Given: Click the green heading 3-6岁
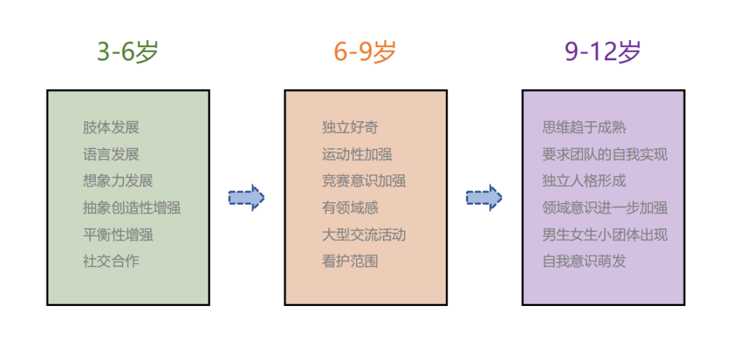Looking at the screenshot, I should (x=128, y=53).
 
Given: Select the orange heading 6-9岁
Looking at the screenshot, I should (x=365, y=53).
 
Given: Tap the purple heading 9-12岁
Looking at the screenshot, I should (x=603, y=53).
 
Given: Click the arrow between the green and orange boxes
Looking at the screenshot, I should (x=247, y=198).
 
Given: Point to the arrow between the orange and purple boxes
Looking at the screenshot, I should (x=484, y=198).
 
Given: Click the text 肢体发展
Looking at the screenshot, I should (x=111, y=127).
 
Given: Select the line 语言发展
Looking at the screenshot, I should (x=111, y=154).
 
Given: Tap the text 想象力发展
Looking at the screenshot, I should (x=118, y=181).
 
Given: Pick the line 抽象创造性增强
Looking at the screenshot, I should (x=132, y=208).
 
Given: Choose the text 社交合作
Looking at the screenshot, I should (x=111, y=262).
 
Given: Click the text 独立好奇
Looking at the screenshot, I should (x=350, y=127).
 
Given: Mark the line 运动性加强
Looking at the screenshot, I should (x=357, y=154).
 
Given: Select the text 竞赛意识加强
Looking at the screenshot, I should (x=364, y=181).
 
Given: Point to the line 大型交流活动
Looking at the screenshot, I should (x=364, y=235).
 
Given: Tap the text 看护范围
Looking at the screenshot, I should (x=350, y=262).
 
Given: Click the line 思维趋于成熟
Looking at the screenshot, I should (x=584, y=127).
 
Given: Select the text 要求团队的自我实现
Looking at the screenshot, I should (x=605, y=154).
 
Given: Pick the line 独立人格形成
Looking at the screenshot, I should (x=584, y=181).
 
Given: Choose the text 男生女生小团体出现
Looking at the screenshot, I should (x=605, y=235).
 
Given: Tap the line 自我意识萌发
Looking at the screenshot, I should (x=584, y=262).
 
